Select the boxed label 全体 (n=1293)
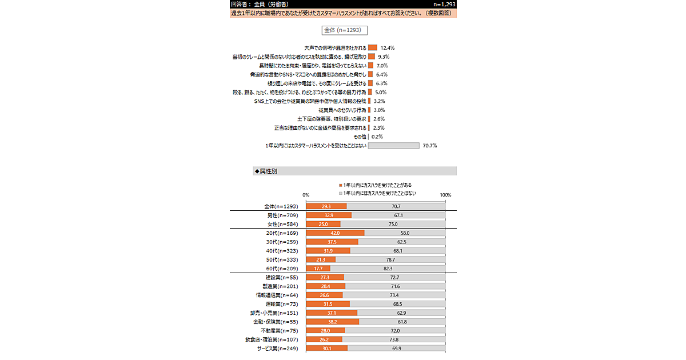[342, 30]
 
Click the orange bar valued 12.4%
[372, 48]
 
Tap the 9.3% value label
[384, 57]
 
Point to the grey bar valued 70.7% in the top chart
[393, 146]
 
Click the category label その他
[360, 137]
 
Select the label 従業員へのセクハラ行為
[342, 110]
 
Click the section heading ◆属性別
[266, 171]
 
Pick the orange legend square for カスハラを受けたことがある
[341, 185]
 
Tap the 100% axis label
[445, 195]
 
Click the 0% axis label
[306, 195]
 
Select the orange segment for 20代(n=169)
[335, 233]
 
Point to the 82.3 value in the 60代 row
[388, 269]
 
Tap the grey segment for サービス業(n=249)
[396, 349]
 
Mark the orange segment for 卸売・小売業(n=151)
[332, 313]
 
